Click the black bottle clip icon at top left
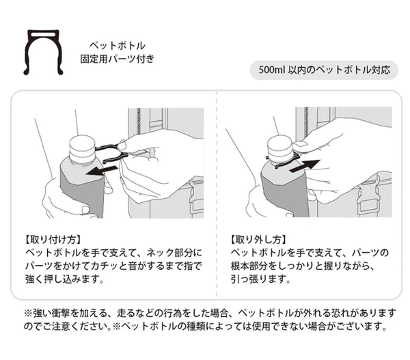click(28, 53)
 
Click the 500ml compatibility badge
click(324, 70)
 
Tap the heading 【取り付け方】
click(53, 240)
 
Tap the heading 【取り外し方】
click(258, 240)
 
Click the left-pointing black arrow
click(102, 171)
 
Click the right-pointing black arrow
click(305, 166)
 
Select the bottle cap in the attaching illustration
click(82, 148)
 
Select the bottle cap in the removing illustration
click(280, 147)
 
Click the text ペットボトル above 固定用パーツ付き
click(118, 46)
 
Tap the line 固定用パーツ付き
click(118, 59)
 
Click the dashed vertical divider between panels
click(217, 194)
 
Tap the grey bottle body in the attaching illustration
click(82, 192)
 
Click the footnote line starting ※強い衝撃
click(210, 313)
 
